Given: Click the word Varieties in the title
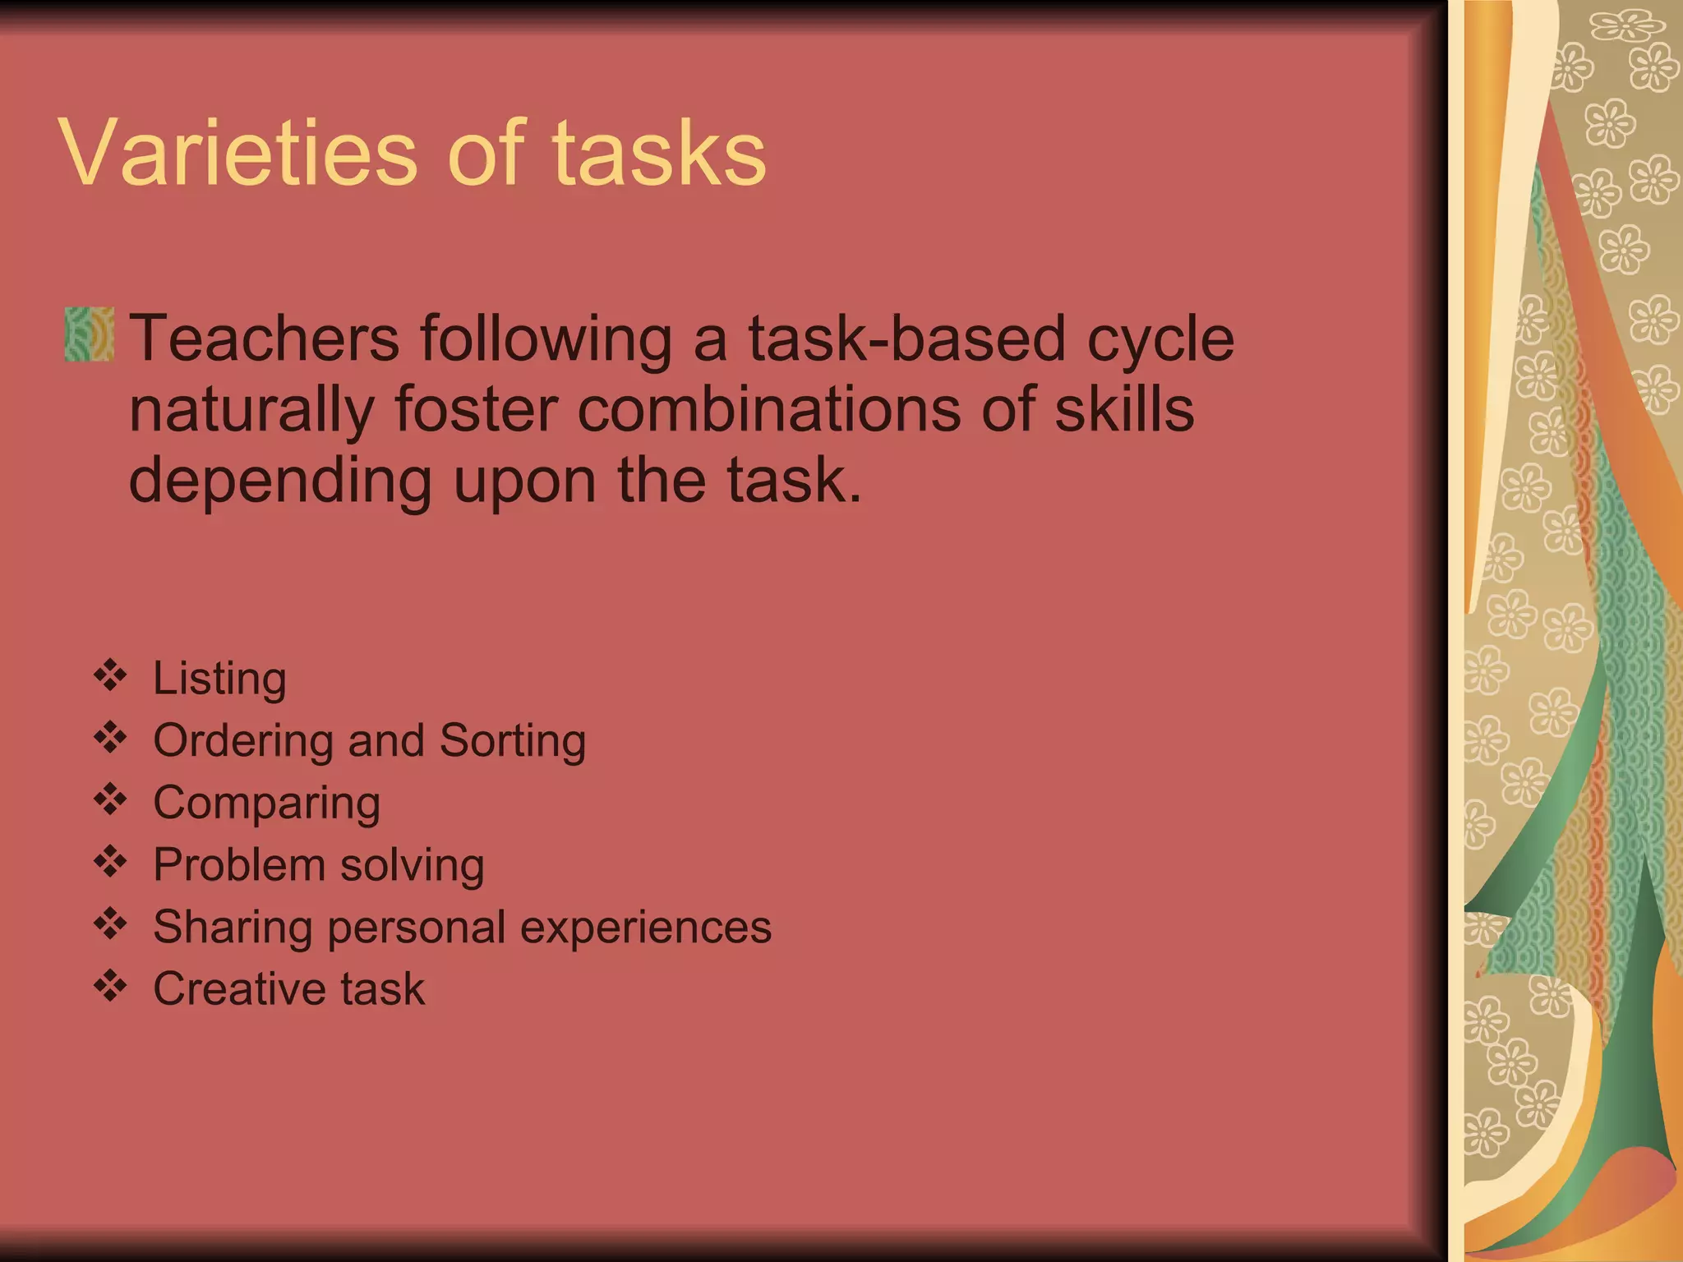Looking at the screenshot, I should point(238,154).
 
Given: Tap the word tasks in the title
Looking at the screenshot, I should point(659,154).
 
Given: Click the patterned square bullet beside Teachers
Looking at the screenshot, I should point(90,334).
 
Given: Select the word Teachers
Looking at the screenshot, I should point(265,338).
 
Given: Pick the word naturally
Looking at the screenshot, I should point(251,411).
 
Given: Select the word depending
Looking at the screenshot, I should point(280,482).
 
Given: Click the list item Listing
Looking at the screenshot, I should point(219,679).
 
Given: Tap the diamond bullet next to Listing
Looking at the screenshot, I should point(110,675).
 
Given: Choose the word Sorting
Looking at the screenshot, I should point(513,741).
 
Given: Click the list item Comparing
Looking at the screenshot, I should point(266,804).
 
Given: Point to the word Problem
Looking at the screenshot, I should point(239,864).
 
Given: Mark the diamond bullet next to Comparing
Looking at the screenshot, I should point(110,799).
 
